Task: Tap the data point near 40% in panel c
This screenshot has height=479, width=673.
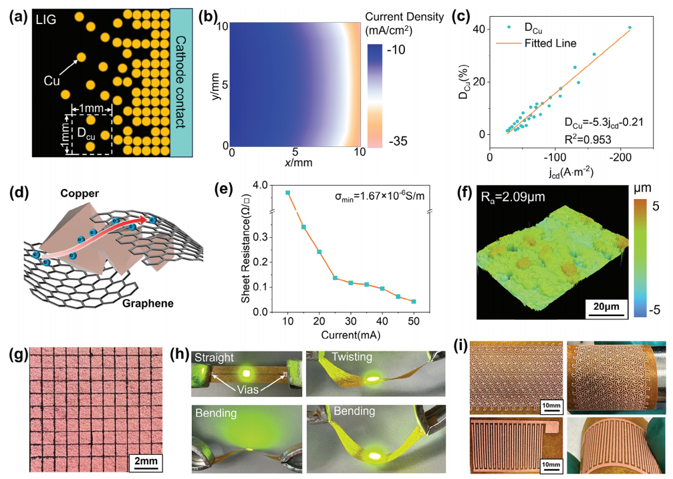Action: click(x=630, y=28)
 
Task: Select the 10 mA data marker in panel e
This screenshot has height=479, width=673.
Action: click(x=287, y=193)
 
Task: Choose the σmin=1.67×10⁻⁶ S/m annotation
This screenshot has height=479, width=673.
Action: click(x=380, y=197)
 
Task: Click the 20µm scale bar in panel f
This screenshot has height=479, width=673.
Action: click(x=605, y=306)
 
